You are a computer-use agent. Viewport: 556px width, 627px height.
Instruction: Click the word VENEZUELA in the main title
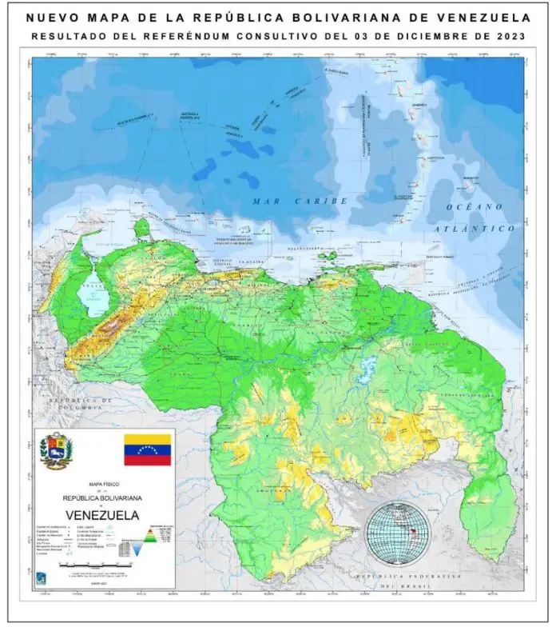477,18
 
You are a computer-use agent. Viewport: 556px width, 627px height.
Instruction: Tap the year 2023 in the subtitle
508,36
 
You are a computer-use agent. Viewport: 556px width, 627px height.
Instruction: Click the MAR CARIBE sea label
288,201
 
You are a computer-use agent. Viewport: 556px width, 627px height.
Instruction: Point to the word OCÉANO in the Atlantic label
475,207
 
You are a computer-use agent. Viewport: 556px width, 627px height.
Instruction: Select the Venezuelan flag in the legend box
147,449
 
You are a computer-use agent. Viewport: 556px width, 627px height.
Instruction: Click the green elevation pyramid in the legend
149,536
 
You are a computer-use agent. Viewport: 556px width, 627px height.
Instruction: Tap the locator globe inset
397,533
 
